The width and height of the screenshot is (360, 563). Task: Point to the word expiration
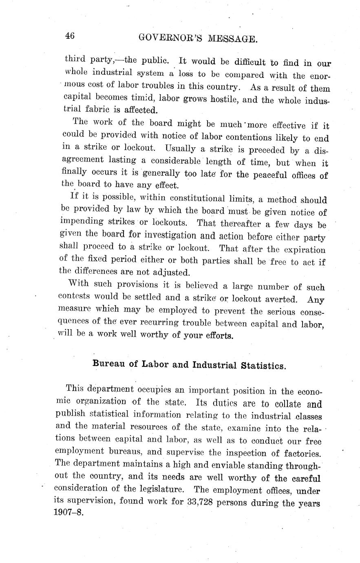click(x=304, y=250)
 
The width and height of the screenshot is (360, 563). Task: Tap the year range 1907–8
click(x=68, y=512)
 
